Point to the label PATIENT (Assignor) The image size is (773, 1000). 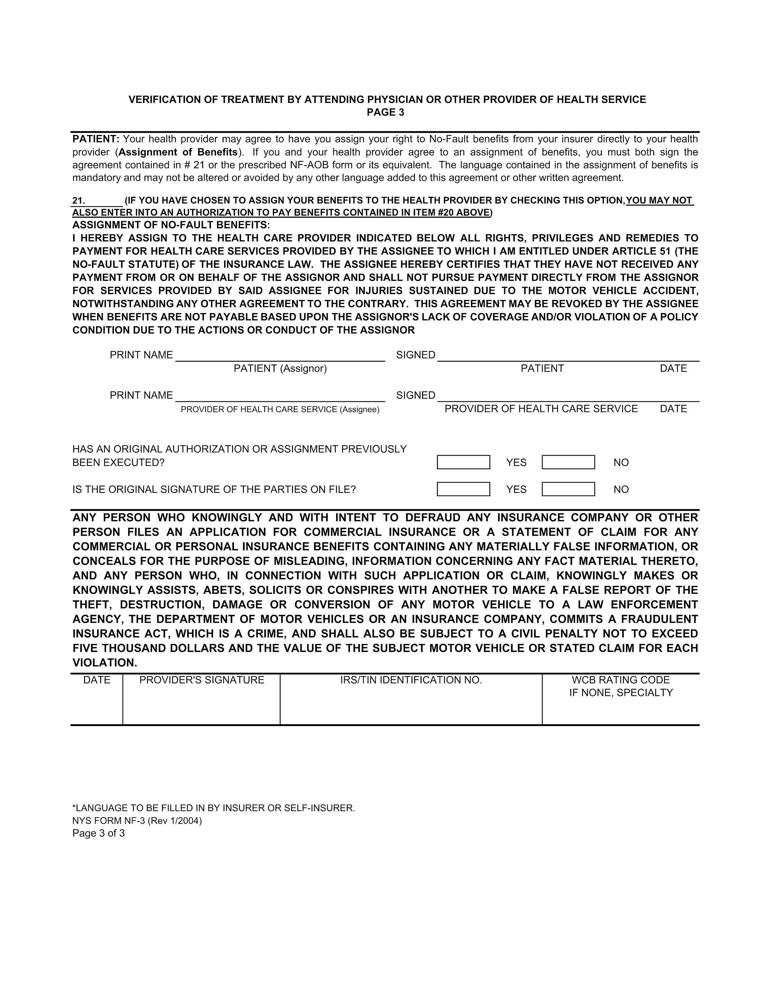(x=280, y=369)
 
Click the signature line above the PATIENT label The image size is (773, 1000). (x=568, y=356)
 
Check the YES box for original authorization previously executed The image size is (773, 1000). (x=463, y=462)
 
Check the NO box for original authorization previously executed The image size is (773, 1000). (x=568, y=462)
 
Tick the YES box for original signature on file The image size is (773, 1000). (x=463, y=489)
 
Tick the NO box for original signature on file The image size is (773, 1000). (x=568, y=489)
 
